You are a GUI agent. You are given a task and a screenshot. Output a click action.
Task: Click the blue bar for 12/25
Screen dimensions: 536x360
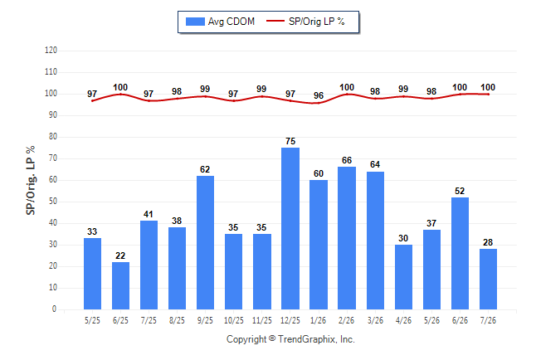point(290,228)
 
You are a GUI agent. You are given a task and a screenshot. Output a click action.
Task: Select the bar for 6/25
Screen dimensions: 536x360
point(120,286)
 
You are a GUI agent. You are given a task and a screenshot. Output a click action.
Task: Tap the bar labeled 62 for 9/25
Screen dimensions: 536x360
point(205,243)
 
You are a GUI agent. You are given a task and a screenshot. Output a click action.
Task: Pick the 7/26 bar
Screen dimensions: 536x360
point(488,279)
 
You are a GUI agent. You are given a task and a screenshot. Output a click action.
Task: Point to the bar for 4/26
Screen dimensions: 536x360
point(403,277)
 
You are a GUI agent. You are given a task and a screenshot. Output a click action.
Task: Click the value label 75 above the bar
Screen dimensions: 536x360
point(290,141)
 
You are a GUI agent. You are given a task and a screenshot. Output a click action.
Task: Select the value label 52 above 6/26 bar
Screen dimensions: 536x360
point(460,191)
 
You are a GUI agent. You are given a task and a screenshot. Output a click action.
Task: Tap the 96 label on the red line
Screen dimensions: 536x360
point(319,95)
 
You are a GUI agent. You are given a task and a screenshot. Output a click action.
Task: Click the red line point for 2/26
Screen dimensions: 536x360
point(347,94)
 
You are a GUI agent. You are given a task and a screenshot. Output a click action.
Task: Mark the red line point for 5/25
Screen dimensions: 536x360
point(92,101)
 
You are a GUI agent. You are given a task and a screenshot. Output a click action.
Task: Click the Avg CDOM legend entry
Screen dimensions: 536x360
point(220,22)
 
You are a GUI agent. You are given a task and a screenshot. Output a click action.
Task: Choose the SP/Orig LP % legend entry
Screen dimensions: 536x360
point(305,22)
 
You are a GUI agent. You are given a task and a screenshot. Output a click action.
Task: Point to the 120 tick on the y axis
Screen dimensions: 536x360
point(51,51)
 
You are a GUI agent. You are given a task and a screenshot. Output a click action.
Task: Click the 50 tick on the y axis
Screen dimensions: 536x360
point(53,202)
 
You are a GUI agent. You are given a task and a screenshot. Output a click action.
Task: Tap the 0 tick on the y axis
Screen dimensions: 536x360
point(54,309)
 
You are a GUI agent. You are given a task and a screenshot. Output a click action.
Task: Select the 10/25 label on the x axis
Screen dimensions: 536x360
point(234,321)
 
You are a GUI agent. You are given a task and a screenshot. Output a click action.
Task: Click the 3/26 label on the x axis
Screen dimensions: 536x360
point(375,321)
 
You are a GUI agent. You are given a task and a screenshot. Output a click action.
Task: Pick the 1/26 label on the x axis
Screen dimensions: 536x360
point(319,321)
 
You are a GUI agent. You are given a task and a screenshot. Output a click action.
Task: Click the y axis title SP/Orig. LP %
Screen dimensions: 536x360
point(31,181)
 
